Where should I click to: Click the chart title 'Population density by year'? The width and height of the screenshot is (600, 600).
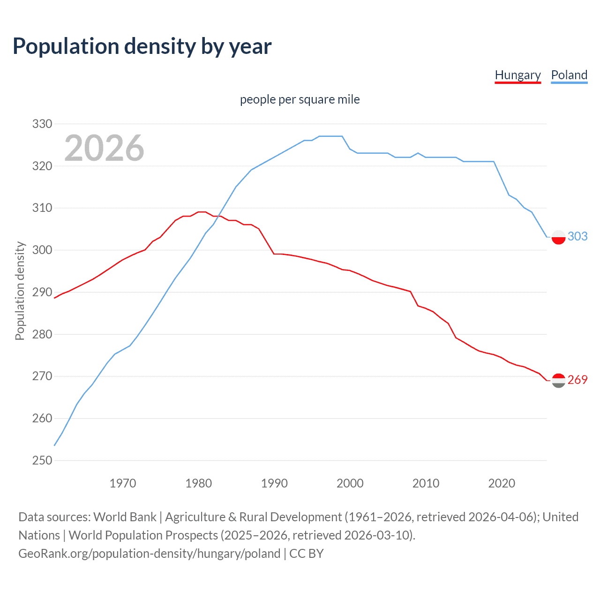(142, 46)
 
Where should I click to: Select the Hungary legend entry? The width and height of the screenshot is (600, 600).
(517, 75)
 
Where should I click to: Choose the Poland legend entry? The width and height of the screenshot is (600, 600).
(569, 75)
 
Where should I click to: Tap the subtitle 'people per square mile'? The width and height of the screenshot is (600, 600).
(300, 99)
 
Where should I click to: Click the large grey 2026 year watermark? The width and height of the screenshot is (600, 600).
(104, 148)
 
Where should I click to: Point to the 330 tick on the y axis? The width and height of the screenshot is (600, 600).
(42, 124)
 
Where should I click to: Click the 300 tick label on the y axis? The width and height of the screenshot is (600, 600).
(42, 250)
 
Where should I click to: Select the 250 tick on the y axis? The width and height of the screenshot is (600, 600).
(42, 460)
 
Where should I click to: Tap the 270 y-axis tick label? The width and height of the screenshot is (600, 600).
(42, 376)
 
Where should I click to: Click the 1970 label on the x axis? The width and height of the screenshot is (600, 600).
(123, 483)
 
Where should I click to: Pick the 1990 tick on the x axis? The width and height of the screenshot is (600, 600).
(274, 483)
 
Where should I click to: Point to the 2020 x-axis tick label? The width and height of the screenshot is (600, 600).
(502, 483)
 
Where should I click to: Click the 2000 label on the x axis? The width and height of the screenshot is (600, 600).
(350, 483)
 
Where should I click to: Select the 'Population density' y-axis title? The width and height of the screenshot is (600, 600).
(20, 291)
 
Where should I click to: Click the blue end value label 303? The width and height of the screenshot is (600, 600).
(577, 236)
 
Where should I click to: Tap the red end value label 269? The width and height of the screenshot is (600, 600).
(577, 380)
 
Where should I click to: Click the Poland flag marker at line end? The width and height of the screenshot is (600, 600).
(558, 237)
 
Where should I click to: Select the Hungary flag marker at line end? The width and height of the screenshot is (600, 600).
(558, 381)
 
